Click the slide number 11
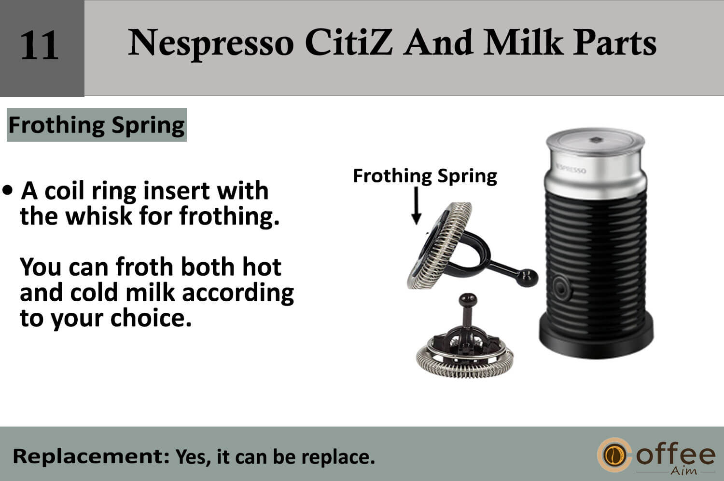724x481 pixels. coord(40,45)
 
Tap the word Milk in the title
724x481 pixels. coord(524,42)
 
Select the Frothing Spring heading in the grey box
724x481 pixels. coord(97,125)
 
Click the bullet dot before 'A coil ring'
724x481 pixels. coord(7,190)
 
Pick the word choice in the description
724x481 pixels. coord(151,318)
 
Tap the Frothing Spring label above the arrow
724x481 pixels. coord(425,176)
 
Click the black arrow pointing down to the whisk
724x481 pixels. coord(416,206)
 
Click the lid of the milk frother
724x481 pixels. coord(595,141)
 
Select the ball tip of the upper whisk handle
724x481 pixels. coord(527,278)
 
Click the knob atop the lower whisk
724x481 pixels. coord(468,300)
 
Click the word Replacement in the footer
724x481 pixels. coord(91,456)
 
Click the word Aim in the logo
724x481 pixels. coord(683,471)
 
